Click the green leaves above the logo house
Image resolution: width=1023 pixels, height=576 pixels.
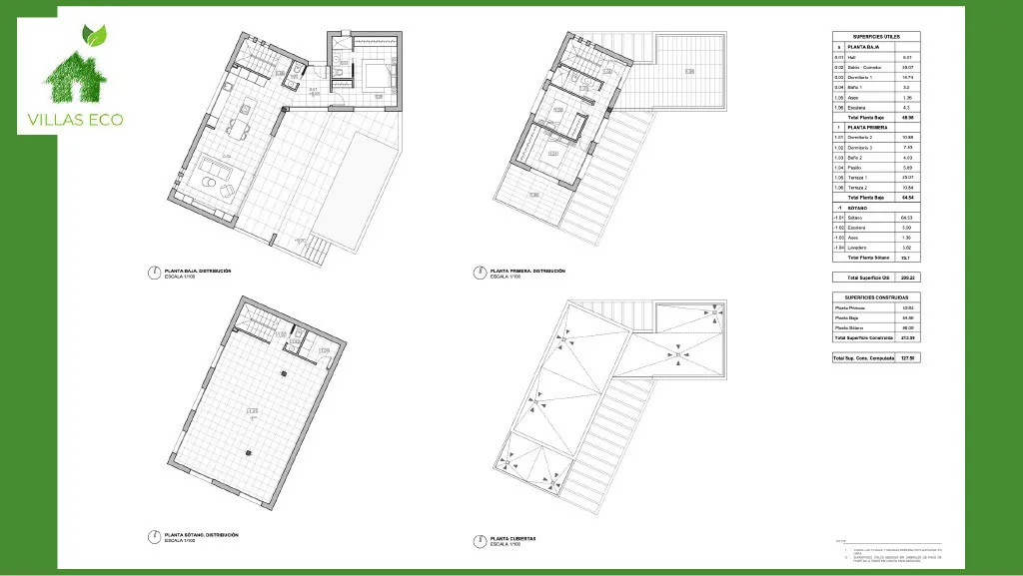(x=95, y=36)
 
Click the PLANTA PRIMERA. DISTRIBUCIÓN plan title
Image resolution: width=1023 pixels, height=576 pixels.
(x=527, y=271)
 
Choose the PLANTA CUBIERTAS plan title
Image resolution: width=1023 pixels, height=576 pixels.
(x=512, y=538)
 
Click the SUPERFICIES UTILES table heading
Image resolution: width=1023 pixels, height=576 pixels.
(x=876, y=36)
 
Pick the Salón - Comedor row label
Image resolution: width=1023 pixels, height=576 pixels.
(x=864, y=67)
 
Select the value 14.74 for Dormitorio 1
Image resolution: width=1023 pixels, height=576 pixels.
(x=907, y=77)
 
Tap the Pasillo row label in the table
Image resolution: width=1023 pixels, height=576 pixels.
(x=855, y=168)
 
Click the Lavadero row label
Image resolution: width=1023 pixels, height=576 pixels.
(x=858, y=247)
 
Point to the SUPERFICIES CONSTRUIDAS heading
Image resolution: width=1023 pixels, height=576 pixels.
(x=876, y=297)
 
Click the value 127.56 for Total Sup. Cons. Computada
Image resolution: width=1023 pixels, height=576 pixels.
(x=907, y=357)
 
